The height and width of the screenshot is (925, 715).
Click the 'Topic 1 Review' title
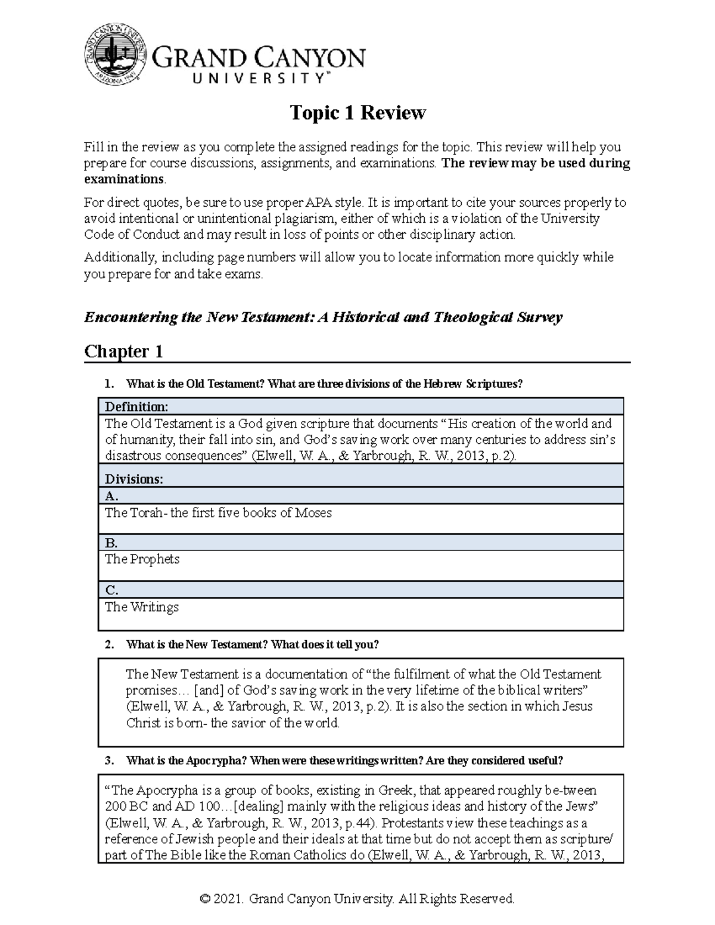[x=357, y=113]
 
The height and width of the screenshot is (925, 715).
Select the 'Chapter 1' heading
[x=123, y=351]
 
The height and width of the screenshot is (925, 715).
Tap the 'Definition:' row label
[x=136, y=407]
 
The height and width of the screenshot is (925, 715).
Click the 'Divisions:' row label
[x=133, y=479]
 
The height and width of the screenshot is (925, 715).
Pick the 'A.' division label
[x=111, y=496]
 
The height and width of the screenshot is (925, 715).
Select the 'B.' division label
[x=111, y=543]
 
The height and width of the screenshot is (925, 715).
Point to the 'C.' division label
[x=111, y=590]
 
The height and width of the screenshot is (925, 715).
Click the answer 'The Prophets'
[x=142, y=559]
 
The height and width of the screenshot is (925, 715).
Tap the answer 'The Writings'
[x=142, y=607]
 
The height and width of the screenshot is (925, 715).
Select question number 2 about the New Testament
[x=252, y=644]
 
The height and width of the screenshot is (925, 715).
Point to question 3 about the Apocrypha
[x=344, y=761]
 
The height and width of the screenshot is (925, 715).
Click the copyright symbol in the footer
[x=206, y=899]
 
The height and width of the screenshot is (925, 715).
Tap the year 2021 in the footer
[x=229, y=899]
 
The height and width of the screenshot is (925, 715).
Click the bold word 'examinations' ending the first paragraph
[x=123, y=179]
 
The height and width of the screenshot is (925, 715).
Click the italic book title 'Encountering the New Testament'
[x=198, y=317]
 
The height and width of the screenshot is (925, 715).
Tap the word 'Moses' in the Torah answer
[x=313, y=513]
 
